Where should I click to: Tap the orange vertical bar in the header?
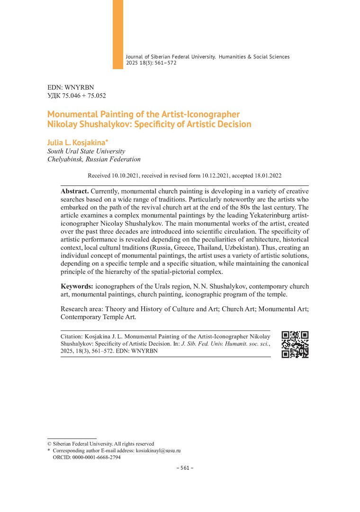point(118,34)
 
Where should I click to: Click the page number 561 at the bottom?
point(182,468)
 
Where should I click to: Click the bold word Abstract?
point(74,191)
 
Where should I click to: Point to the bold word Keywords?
point(77,286)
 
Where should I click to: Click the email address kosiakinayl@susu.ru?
point(158,451)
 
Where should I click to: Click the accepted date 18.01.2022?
point(268,175)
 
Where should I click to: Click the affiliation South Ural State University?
point(86,151)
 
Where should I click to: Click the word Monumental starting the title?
point(71,114)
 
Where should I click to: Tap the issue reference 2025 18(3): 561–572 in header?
point(151,63)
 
